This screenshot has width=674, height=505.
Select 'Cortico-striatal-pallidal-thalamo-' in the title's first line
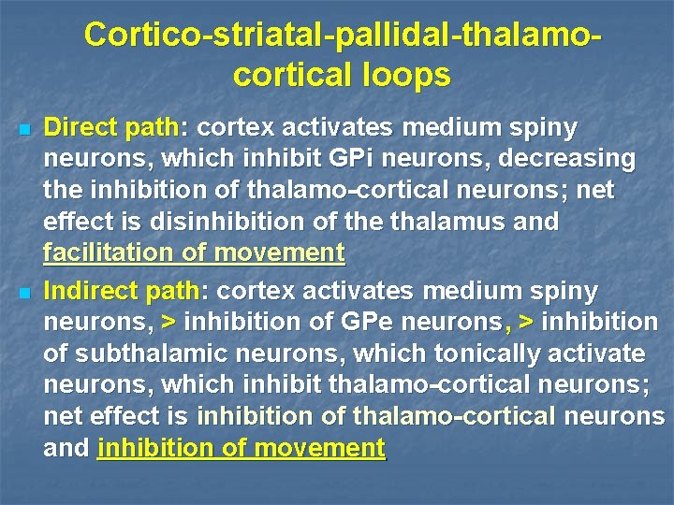coord(343,34)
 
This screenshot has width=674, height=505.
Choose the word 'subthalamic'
coord(146,353)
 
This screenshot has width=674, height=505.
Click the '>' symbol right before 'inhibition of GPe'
coord(168,323)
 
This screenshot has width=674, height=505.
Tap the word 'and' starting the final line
coord(66,448)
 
